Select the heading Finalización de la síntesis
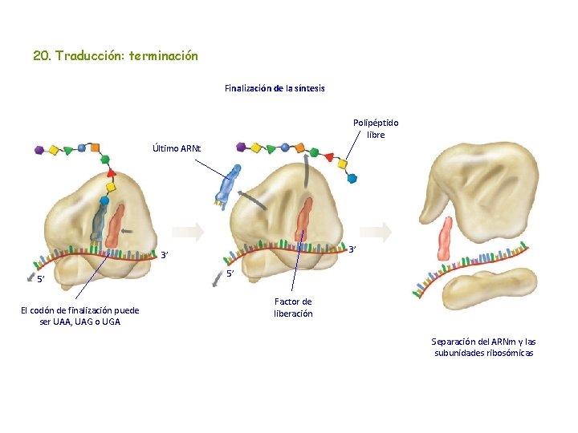pyautogui.click(x=275, y=88)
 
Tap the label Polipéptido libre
pyautogui.click(x=376, y=128)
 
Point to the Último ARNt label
pyautogui.click(x=177, y=148)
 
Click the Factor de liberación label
pyautogui.click(x=293, y=307)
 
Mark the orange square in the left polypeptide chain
pyautogui.click(x=95, y=148)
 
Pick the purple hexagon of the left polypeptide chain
pyautogui.click(x=39, y=148)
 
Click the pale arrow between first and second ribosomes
pyautogui.click(x=189, y=232)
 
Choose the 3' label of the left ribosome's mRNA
pyautogui.click(x=164, y=256)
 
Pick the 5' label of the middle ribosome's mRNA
pyautogui.click(x=229, y=275)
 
